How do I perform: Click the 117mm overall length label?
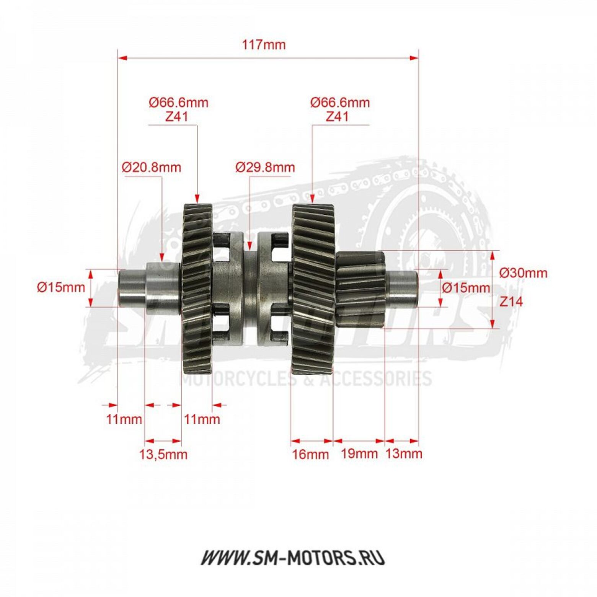pos(264,45)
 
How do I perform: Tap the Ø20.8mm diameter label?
pos(152,167)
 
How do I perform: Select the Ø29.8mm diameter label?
pos(265,167)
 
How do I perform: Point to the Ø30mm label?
pos(524,273)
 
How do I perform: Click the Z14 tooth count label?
pos(511,302)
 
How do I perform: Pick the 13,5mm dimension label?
pos(163,454)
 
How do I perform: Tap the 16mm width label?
pos(310,454)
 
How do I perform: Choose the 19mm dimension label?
pos(359,453)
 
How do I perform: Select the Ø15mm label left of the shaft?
pos(61,287)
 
